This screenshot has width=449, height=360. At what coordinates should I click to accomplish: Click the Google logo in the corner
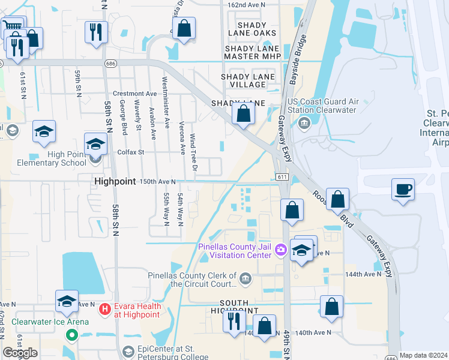20,353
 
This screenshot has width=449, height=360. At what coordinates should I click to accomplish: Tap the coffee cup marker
403,190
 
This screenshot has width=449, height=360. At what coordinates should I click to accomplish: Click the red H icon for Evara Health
105,310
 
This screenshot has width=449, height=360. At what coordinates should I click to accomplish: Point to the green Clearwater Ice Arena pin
73,335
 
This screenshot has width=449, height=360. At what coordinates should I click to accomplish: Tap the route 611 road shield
283,176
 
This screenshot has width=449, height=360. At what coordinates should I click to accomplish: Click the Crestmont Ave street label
135,94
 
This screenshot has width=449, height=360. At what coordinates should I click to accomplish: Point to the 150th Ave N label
157,181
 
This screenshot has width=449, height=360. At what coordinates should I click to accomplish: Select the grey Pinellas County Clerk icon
246,278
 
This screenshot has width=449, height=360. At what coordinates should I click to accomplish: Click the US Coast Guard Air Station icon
304,123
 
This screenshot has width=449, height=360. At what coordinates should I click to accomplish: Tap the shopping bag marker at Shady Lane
243,113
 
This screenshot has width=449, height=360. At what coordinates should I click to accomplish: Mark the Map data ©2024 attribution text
423,355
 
